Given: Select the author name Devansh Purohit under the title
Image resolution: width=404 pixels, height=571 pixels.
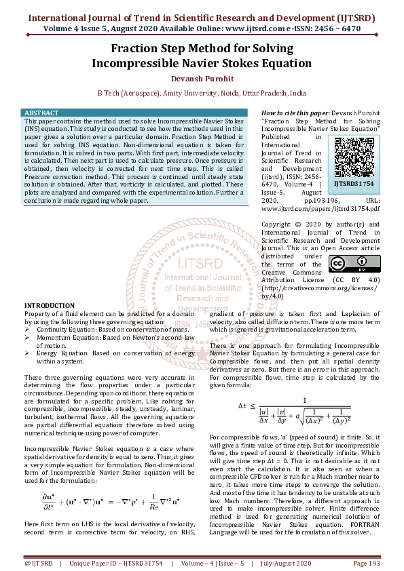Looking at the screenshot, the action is pyautogui.click(x=202, y=79).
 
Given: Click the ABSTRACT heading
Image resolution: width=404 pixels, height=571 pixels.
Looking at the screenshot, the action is pyautogui.click(x=41, y=112).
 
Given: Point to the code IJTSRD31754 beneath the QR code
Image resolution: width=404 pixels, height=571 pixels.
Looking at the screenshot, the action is pyautogui.click(x=354, y=183).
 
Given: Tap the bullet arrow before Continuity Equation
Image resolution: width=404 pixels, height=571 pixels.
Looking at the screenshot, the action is pyautogui.click(x=28, y=330).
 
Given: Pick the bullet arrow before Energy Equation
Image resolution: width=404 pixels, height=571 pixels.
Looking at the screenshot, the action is pyautogui.click(x=28, y=353).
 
